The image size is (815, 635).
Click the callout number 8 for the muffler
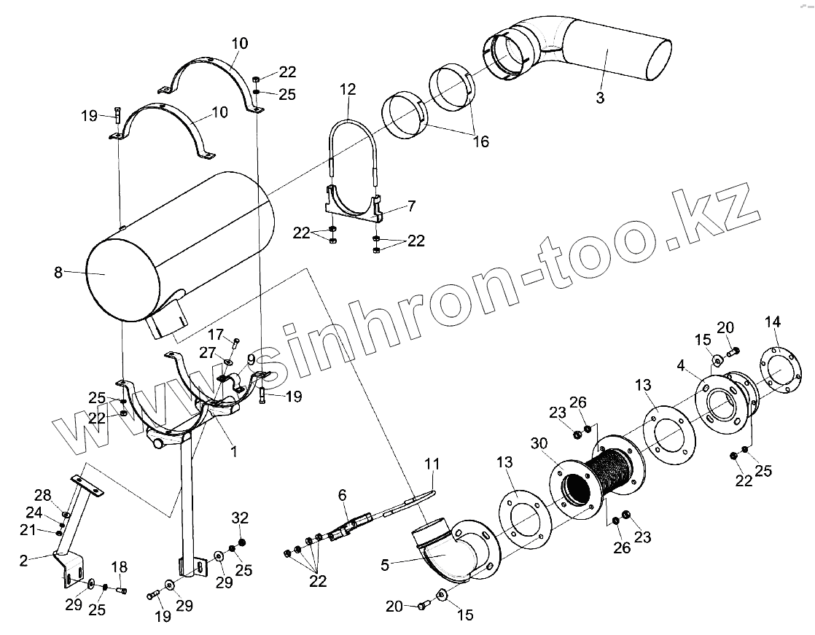click(58, 273)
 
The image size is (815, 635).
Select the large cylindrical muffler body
click(182, 241)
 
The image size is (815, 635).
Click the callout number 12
click(348, 90)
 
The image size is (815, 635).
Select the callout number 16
click(481, 141)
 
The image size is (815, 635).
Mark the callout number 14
click(773, 322)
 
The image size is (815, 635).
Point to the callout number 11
click(433, 464)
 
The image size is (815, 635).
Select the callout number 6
click(342, 495)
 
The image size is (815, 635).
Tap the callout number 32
click(241, 518)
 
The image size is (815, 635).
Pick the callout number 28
click(43, 495)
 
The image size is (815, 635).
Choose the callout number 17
click(216, 335)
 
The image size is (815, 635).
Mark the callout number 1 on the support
click(234, 452)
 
